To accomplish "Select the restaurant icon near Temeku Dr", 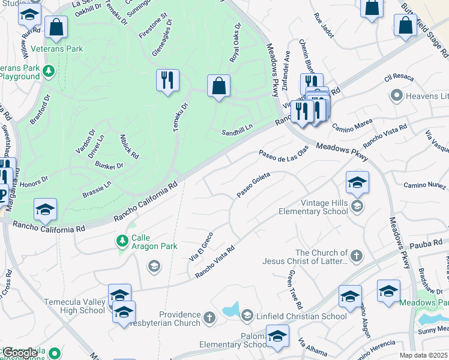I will tap(167, 80).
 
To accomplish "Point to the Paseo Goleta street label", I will tap(253, 185).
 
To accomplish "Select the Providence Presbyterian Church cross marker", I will tap(209, 317).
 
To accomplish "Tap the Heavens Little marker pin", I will tap(396, 95).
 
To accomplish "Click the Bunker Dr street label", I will tap(109, 166).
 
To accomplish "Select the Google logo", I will tap(20, 353).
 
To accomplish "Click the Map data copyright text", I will tap(423, 355).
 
